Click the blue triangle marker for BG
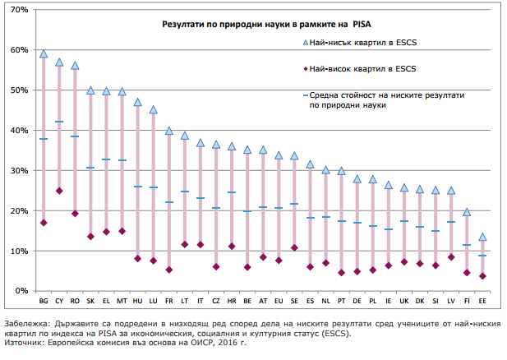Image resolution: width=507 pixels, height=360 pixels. tap(44, 54)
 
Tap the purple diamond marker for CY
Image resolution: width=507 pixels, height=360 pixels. tap(59, 191)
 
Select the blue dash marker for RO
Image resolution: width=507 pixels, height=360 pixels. tap(75, 136)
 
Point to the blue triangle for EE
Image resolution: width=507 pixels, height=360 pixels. tap(482, 237)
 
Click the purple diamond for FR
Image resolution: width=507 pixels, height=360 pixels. tap(169, 270)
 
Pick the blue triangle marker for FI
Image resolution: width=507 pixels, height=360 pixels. tap(467, 212)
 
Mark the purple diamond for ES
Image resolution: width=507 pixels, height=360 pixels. tap(310, 267)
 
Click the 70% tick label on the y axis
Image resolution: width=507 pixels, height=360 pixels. tap(18, 10)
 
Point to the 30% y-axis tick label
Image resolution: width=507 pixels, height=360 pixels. tap(18, 171)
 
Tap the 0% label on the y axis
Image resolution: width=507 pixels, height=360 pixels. tap(21, 291)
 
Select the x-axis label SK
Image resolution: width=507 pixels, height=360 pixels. tap(90, 302)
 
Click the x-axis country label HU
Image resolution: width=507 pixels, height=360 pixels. tap(138, 302)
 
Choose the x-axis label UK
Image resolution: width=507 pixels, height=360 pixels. tap(403, 302)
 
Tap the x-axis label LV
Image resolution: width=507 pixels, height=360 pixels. tap(450, 302)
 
